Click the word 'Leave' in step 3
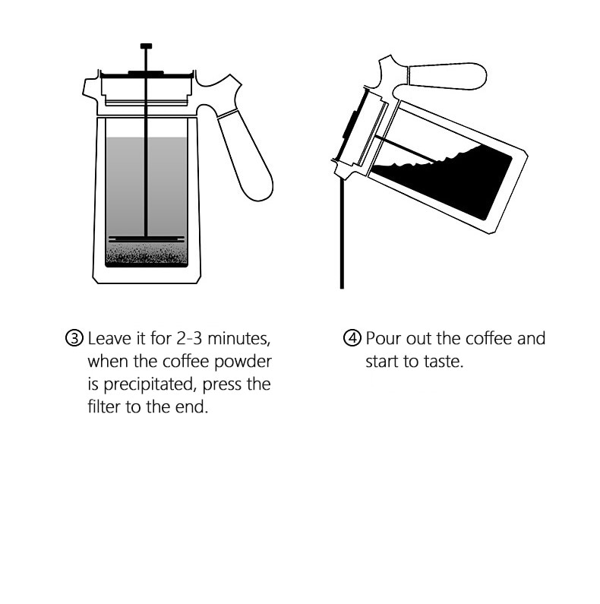[111, 338]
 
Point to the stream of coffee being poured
[342, 236]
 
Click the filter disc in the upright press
[146, 239]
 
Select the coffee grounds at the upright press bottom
[146, 256]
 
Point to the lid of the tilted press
[351, 129]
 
